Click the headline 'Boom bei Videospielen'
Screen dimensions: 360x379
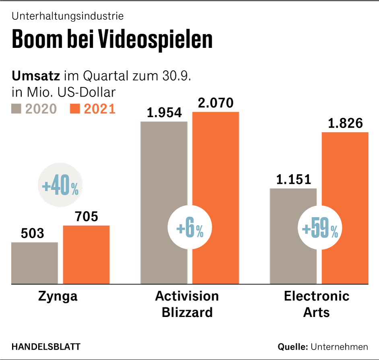(112, 39)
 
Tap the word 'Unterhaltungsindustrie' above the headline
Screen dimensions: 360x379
(68, 16)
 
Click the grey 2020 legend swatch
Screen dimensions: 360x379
(16, 109)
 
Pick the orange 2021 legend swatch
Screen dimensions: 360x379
(76, 109)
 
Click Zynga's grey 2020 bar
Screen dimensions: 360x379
(35, 263)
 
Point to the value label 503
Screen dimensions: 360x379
(32, 233)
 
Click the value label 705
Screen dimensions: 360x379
(86, 217)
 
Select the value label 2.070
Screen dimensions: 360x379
(216, 103)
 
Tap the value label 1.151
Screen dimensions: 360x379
(294, 179)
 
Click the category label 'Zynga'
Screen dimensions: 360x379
(58, 296)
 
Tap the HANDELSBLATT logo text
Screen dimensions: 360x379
(46, 347)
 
